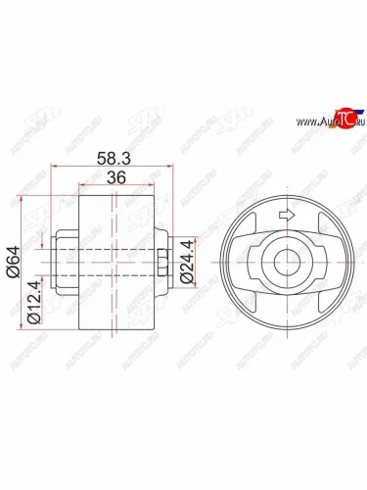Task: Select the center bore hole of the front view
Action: pyautogui.click(x=286, y=263)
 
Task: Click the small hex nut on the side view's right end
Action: pyautogui.click(x=160, y=263)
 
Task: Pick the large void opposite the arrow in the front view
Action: pyautogui.click(x=286, y=312)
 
